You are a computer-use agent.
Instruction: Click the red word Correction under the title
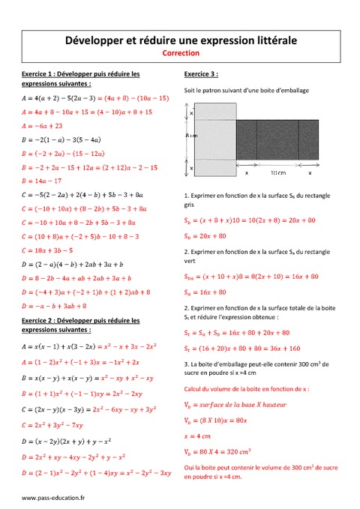pyautogui.click(x=180, y=53)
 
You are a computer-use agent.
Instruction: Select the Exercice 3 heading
pyautogui.click(x=201, y=74)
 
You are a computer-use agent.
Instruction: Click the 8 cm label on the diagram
pyautogui.click(x=192, y=135)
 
